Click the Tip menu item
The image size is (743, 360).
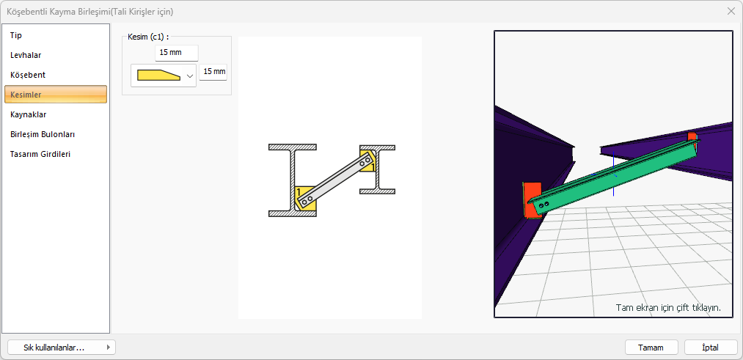(16, 35)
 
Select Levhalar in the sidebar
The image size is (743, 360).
(26, 55)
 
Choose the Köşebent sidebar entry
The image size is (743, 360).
(27, 75)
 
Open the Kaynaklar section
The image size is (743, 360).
(29, 114)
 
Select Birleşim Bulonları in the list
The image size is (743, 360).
(42, 134)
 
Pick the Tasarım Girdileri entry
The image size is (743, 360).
(40, 154)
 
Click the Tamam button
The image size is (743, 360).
(651, 348)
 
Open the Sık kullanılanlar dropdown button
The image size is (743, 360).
(62, 348)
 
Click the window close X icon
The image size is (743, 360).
(731, 12)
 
